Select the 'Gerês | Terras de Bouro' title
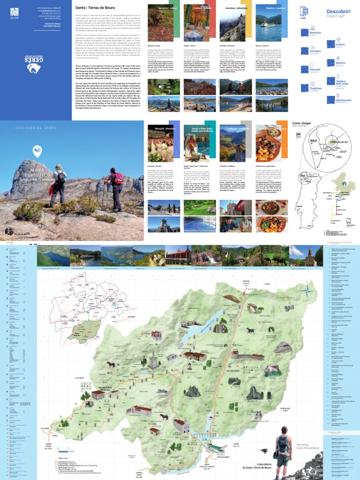click(93, 8)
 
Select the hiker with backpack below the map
click(283, 448)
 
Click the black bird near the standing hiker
click(263, 451)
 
